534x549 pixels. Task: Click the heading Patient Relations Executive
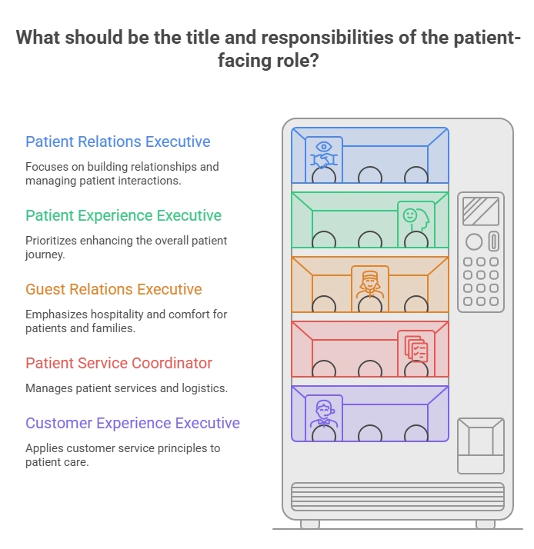click(118, 141)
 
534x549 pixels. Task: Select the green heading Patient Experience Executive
click(123, 215)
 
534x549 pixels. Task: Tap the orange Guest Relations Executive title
click(114, 289)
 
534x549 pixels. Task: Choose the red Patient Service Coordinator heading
click(118, 363)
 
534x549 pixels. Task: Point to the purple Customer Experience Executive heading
click(132, 424)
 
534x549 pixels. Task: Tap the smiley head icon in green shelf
click(416, 219)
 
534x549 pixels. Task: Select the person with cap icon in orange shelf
click(370, 284)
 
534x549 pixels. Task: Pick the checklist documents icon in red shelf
click(416, 349)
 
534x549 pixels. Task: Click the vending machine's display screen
click(481, 211)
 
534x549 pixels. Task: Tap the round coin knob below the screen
click(474, 241)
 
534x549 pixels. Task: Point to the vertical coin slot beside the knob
click(494, 241)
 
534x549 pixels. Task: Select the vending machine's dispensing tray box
click(481, 446)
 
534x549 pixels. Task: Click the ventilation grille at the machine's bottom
click(398, 497)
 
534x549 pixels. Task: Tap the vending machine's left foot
click(310, 524)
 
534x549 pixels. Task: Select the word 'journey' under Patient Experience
click(45, 255)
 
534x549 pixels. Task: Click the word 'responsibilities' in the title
click(327, 38)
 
